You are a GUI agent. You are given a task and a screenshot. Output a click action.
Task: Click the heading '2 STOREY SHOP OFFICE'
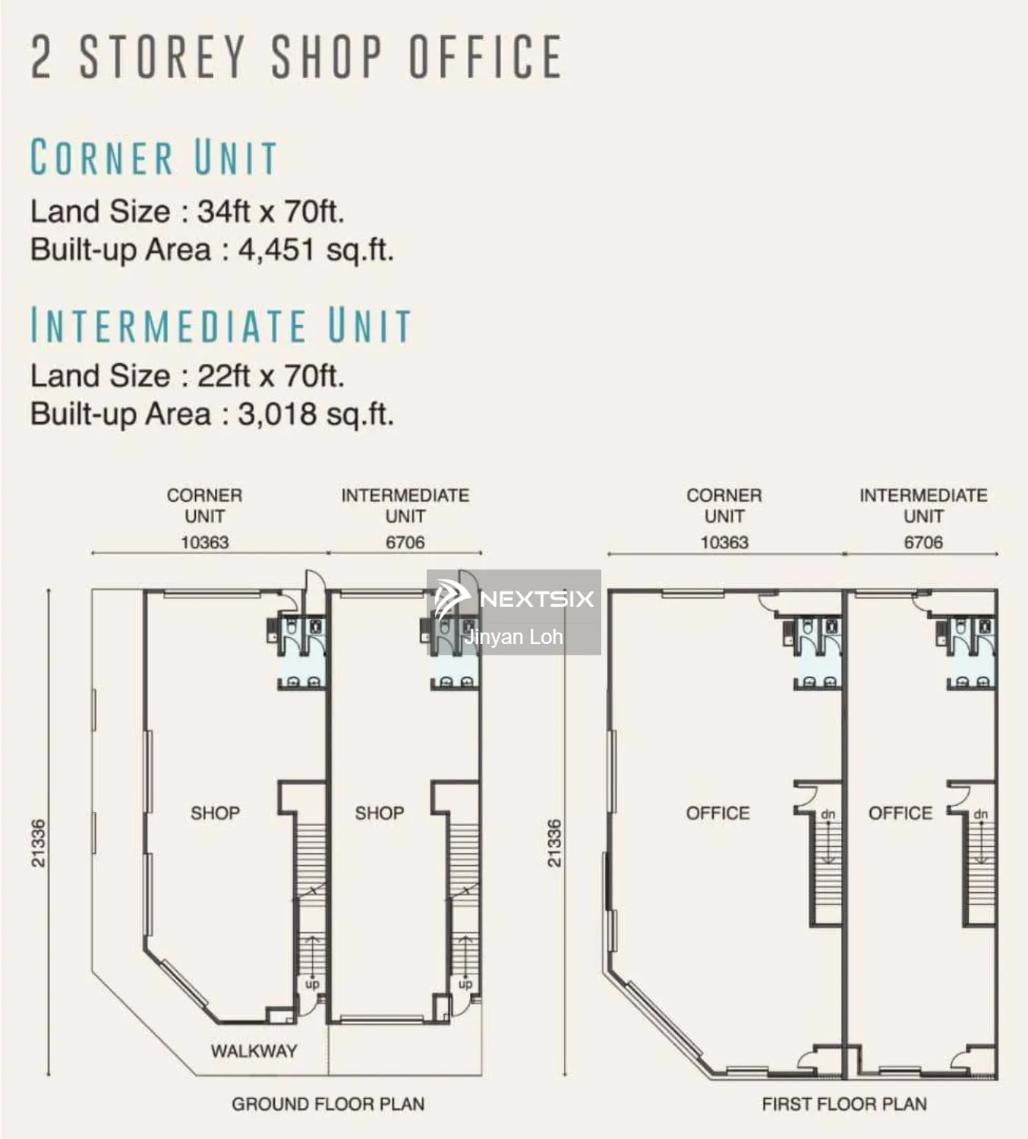(296, 56)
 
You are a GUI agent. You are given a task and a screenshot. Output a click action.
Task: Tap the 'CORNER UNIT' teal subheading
(154, 157)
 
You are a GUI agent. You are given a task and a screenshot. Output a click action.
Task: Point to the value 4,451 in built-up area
(277, 250)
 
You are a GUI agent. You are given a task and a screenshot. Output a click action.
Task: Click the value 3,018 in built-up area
(277, 414)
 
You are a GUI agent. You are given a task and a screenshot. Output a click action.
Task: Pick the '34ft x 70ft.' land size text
(271, 211)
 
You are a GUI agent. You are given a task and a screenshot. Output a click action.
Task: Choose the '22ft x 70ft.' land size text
(271, 375)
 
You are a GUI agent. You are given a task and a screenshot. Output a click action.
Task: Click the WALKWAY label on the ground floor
(254, 1051)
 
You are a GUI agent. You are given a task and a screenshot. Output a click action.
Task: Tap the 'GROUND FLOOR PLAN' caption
(328, 1104)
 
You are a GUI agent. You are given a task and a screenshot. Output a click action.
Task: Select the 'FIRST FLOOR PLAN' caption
(844, 1104)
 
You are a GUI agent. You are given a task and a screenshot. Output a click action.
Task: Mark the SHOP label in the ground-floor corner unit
(215, 813)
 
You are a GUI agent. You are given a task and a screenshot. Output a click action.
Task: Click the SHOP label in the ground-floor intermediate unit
(380, 813)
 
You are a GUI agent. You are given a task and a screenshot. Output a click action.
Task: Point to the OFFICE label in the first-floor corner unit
(717, 813)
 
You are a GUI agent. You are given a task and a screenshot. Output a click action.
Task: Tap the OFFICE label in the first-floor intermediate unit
(900, 813)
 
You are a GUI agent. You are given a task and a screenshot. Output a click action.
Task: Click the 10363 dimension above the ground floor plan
(204, 542)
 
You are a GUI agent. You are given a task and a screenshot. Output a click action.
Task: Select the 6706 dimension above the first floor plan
(923, 542)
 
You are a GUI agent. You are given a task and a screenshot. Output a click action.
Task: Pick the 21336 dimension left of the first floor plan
(555, 843)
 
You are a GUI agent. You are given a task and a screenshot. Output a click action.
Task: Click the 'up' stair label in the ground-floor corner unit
(312, 984)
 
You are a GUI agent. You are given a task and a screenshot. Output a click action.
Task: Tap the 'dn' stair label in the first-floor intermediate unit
(981, 815)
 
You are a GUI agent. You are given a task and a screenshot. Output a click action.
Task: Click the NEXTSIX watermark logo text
(536, 598)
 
